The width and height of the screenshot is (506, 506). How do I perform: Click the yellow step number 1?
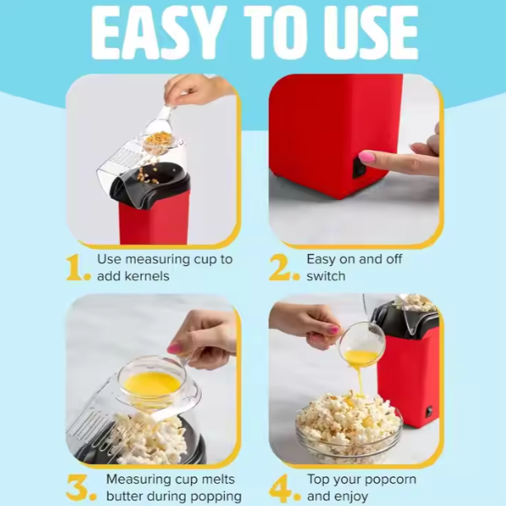[x=77, y=268]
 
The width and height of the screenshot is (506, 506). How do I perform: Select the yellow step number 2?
[x=284, y=268]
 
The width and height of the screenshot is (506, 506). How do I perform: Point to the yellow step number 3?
[x=81, y=488]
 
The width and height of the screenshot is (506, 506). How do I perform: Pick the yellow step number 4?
[x=285, y=488]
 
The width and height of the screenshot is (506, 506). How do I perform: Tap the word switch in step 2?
[x=326, y=276]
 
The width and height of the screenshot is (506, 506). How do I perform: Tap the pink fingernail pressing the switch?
[x=367, y=157]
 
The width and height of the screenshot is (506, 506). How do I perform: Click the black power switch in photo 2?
[x=359, y=167]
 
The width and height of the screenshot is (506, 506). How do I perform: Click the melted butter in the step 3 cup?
[x=152, y=384]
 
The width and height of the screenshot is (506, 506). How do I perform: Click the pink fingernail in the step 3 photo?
[x=174, y=348]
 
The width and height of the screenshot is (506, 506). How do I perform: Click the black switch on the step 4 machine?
[x=429, y=411]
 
